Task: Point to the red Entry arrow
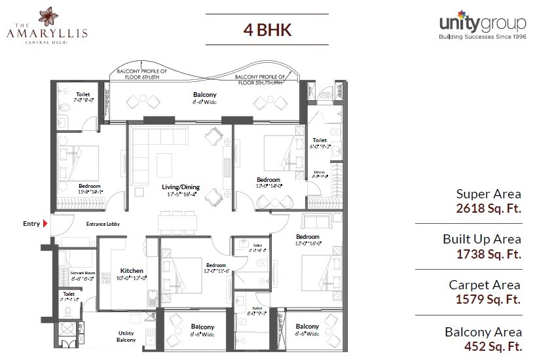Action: pyautogui.click(x=46, y=224)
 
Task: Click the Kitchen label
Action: pyautogui.click(x=132, y=270)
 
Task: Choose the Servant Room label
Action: pyautogui.click(x=69, y=272)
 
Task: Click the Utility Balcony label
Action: pyautogui.click(x=126, y=336)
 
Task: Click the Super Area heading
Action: pyautogui.click(x=489, y=194)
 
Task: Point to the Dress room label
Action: pyautogui.click(x=320, y=172)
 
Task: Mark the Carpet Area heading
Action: pyautogui.click(x=485, y=285)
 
